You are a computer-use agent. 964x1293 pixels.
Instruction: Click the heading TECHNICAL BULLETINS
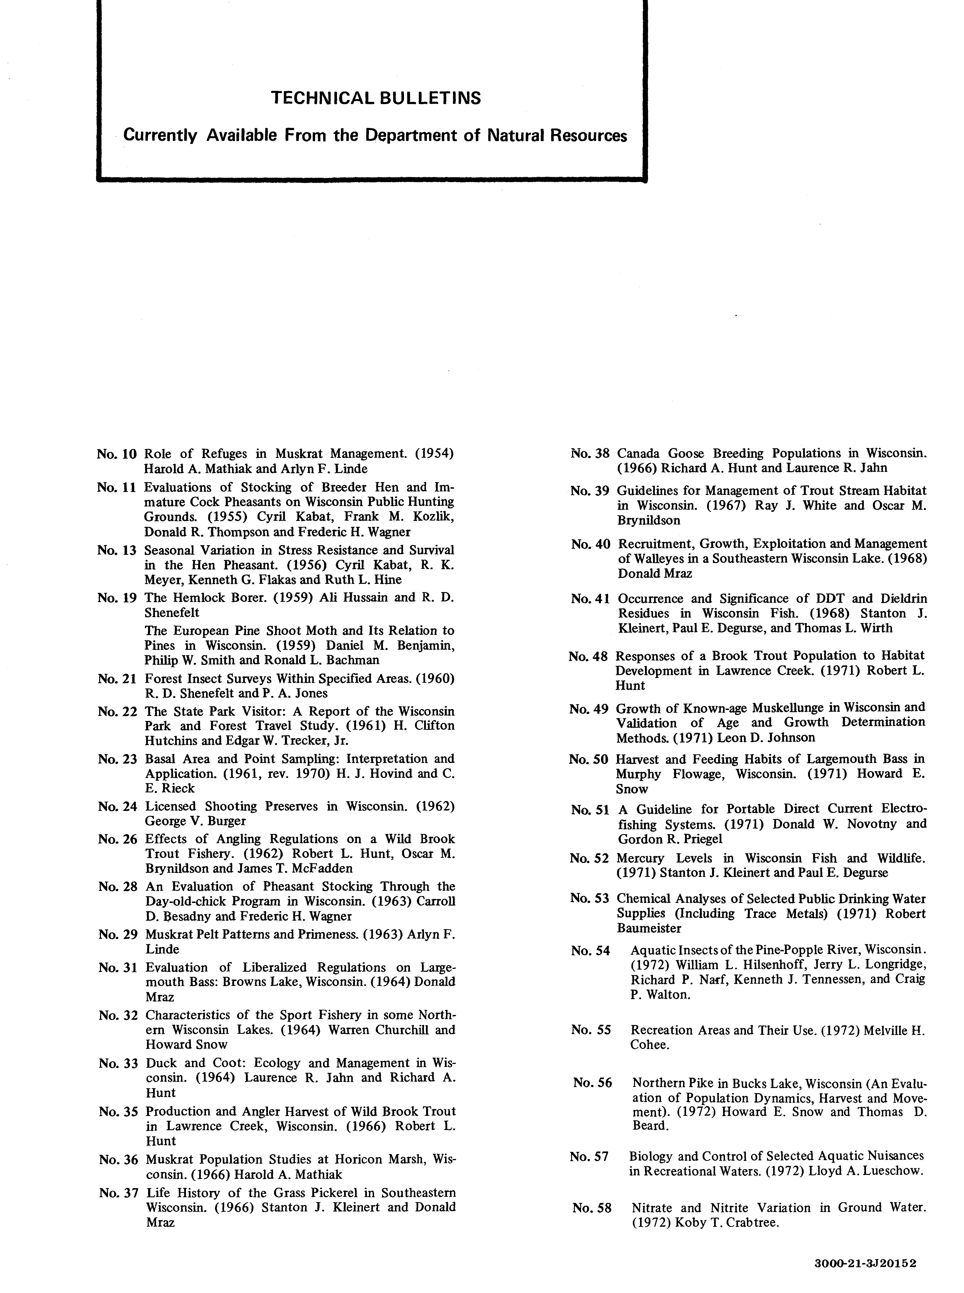pos(376,98)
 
